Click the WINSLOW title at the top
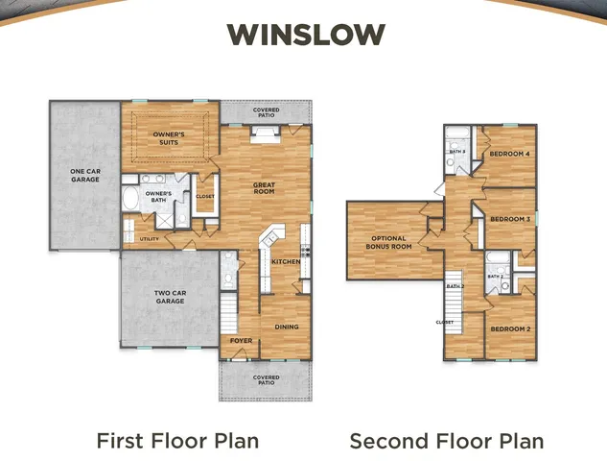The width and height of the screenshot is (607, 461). coord(306,35)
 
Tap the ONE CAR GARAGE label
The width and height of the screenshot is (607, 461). coord(85,176)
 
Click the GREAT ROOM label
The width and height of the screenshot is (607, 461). coord(264,187)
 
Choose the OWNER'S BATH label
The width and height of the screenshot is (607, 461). coord(158,197)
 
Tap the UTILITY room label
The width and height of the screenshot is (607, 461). coord(149,238)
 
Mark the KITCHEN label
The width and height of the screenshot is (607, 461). coord(286,261)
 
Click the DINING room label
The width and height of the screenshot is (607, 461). coord(287,327)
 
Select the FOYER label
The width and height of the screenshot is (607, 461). coord(240,339)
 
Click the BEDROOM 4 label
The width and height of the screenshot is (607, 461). coord(509,154)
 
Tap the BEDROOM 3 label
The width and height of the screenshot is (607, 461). coord(509,219)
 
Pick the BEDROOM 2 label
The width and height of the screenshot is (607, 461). coord(509,328)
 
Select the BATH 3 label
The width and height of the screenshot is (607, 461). coord(458,151)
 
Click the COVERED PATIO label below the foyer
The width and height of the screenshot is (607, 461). coord(266,380)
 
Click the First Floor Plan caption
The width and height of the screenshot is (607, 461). coord(177,441)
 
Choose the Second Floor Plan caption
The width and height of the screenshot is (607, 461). coord(446,441)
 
